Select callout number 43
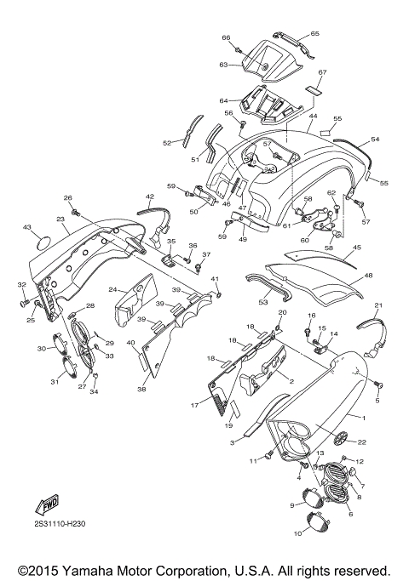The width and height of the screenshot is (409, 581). pyautogui.click(x=26, y=228)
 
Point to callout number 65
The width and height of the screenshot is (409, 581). pyautogui.click(x=314, y=33)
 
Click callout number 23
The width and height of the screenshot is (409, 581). pyautogui.click(x=60, y=219)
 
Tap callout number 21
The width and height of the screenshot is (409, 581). pyautogui.click(x=378, y=305)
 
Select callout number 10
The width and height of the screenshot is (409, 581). pyautogui.click(x=298, y=534)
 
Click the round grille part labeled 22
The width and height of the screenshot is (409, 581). pyautogui.click(x=341, y=437)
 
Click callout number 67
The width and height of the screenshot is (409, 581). pyautogui.click(x=323, y=73)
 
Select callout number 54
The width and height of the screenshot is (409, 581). pyautogui.click(x=375, y=139)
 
